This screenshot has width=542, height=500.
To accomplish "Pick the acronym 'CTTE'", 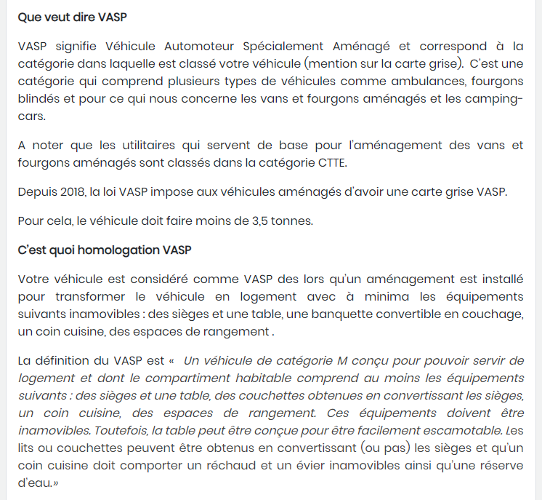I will pos(331,163).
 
